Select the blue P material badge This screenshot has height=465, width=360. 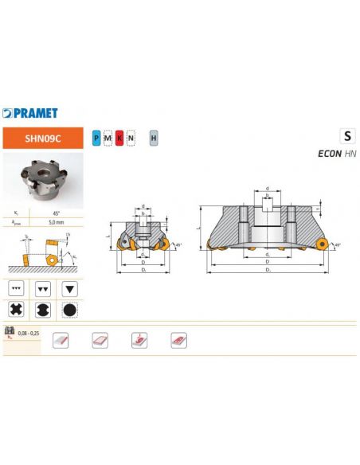click(97, 139)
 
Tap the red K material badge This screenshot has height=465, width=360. click(119, 139)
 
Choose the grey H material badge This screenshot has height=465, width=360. click(153, 139)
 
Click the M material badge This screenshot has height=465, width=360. click(108, 139)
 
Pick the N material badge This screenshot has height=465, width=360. click(131, 139)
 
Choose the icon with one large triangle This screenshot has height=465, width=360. click(70, 286)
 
